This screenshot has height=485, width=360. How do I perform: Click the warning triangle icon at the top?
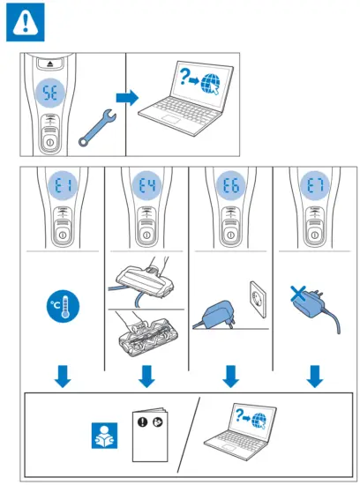[24, 23]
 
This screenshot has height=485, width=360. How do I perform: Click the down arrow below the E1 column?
[61, 377]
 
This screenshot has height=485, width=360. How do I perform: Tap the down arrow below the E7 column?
[315, 377]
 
